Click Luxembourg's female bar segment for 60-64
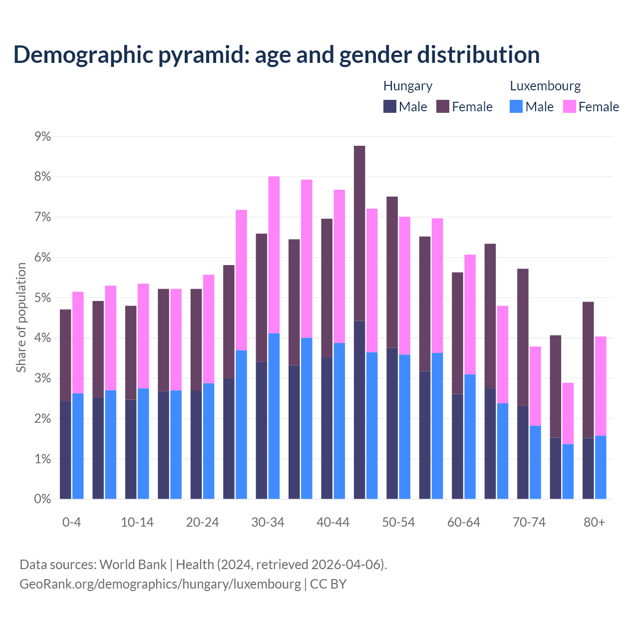click(x=470, y=314)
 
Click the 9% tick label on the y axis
click(x=42, y=136)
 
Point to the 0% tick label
click(x=42, y=499)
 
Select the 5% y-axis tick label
click(x=42, y=298)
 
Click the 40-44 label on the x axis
click(x=333, y=522)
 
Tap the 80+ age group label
click(x=594, y=522)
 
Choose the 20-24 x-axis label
click(x=202, y=522)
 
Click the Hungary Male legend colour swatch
click(x=390, y=106)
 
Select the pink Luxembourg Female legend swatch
click(x=569, y=106)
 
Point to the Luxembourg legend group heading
click(x=545, y=86)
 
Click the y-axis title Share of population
click(x=21, y=318)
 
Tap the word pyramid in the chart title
click(x=204, y=54)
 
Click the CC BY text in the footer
click(x=328, y=584)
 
